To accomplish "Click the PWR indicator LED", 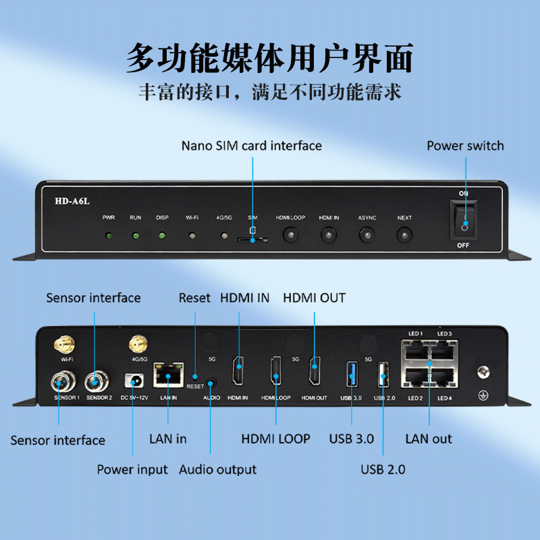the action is tap(109, 236).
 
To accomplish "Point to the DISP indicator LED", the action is tap(162, 236).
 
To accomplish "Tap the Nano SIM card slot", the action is tap(252, 238).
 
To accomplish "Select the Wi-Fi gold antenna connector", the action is tap(65, 345).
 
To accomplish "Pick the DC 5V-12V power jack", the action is tap(134, 381).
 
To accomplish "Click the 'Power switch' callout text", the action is tap(465, 146).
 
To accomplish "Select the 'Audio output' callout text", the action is tap(217, 469).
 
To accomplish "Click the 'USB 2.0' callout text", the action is tap(383, 469).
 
